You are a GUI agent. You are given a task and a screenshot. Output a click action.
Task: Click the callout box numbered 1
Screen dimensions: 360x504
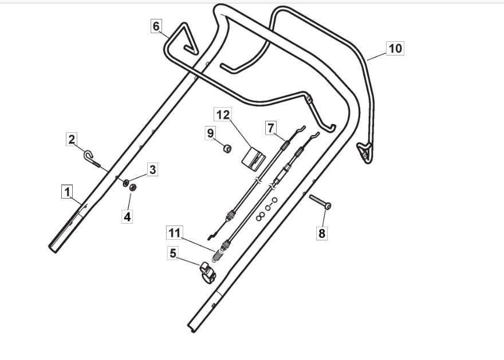[x=68, y=191]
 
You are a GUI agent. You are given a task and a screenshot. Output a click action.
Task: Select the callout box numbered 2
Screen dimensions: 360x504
[x=72, y=139]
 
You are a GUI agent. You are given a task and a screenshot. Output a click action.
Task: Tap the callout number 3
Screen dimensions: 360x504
[x=152, y=169]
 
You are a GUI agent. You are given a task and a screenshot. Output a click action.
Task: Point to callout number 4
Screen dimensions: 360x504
[x=127, y=217]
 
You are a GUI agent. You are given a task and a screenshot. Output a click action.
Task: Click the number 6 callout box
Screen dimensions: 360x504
[x=156, y=26]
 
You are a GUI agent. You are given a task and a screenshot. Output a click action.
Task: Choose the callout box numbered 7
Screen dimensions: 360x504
[x=271, y=128]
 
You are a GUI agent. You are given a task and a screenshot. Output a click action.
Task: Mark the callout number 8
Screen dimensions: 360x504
[x=322, y=233]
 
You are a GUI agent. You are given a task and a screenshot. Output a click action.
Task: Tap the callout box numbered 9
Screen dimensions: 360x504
[x=210, y=133]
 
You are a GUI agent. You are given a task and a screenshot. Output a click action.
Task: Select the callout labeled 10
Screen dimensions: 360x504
[x=395, y=48]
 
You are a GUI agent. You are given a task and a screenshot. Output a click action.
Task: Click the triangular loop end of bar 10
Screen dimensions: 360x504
[x=364, y=151]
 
